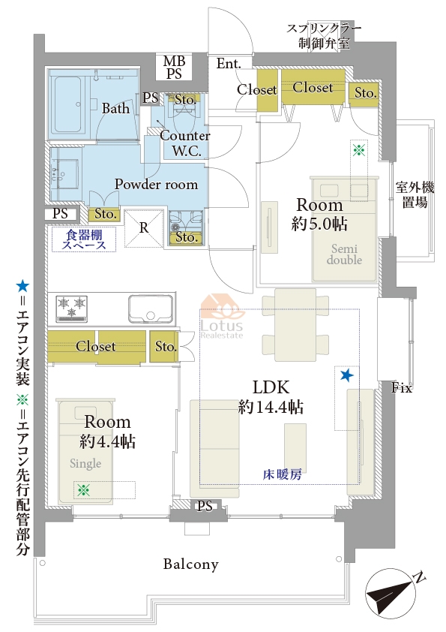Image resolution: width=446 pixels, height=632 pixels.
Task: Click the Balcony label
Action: click(191, 564)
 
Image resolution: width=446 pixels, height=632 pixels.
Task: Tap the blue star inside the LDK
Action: click(346, 375)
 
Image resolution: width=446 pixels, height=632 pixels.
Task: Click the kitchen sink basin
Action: click(151, 308)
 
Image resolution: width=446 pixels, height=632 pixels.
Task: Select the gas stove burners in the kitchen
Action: click(72, 308)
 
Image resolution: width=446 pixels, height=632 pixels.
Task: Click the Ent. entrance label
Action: click(229, 63)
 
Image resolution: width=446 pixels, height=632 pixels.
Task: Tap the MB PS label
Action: click(174, 68)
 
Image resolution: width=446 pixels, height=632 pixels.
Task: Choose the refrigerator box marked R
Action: click(144, 228)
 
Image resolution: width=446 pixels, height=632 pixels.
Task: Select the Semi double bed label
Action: click(344, 254)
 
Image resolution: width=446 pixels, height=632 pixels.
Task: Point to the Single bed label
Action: click(85, 464)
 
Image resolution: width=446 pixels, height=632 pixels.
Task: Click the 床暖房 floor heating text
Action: click(282, 474)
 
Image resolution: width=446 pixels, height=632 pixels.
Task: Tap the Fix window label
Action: click(402, 388)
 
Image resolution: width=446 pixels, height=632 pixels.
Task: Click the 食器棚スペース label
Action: click(84, 239)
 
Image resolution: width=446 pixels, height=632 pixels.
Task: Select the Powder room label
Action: click(156, 184)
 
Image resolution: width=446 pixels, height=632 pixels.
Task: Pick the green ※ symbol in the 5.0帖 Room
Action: click(358, 150)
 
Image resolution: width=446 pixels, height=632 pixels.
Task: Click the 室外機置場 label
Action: click(415, 194)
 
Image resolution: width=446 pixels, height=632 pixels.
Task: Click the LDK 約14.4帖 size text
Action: click(271, 397)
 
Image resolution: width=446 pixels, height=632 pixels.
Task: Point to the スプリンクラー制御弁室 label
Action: click(324, 36)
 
